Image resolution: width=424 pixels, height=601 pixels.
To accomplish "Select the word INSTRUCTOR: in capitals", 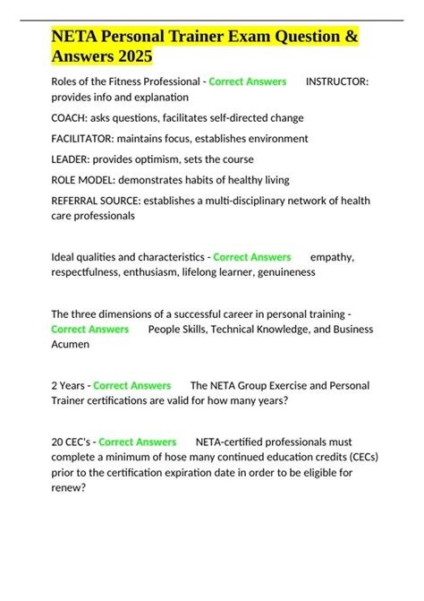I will (336, 81).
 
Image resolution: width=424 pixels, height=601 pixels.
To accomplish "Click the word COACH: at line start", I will (73, 117).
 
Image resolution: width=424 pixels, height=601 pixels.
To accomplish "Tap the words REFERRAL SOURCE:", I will (102, 201).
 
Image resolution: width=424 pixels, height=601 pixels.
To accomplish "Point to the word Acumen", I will (71, 343).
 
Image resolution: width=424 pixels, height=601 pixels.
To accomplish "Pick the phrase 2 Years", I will (69, 385).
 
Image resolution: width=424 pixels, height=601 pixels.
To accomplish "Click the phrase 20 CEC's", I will (72, 442).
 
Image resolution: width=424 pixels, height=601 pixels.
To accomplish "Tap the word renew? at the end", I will (70, 488).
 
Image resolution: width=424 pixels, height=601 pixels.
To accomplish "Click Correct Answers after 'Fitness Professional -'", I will (247, 81).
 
